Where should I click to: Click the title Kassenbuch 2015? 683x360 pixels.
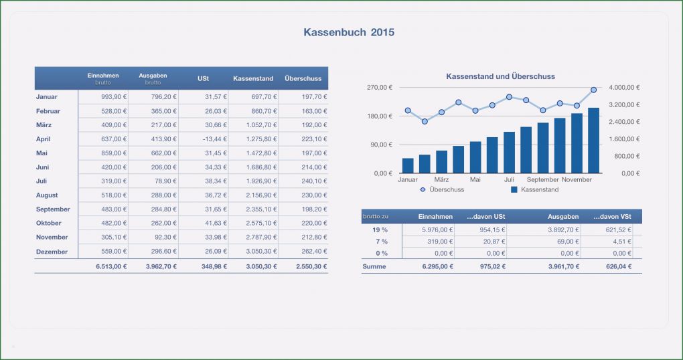coord(349,32)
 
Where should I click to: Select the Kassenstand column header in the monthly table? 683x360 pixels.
coord(253,78)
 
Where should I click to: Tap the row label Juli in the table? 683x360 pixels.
coord(42,181)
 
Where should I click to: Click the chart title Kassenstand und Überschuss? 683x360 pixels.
coord(500,76)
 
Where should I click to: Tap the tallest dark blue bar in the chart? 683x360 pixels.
coord(593,141)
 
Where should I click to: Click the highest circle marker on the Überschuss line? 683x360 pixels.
coord(593,90)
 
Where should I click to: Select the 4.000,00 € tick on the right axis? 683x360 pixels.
coord(625,88)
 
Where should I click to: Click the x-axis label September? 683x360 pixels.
coord(542,180)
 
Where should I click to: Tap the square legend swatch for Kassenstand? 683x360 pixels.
coord(514,190)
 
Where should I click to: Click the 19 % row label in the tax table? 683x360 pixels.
coord(380,230)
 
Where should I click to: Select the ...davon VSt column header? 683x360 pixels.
coord(612,216)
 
